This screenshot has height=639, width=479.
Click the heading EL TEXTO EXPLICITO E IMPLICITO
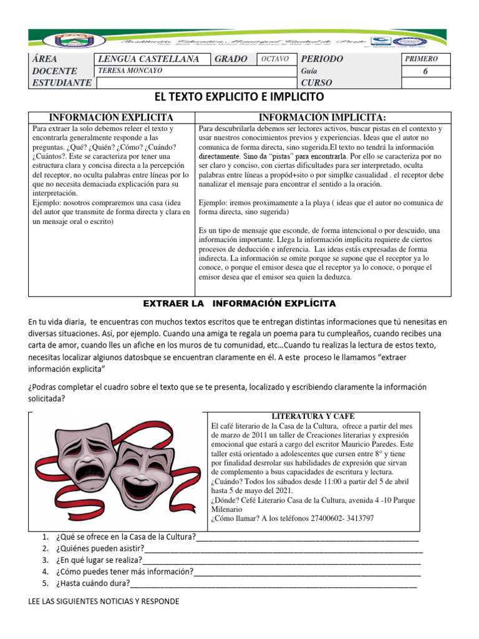(239, 97)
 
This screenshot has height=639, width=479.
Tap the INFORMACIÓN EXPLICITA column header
(112, 117)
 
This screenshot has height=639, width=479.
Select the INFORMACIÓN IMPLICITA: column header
(322, 117)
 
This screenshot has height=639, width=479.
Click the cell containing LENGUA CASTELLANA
(149, 59)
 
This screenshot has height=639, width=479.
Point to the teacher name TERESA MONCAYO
(131, 71)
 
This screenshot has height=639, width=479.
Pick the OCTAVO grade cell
(274, 59)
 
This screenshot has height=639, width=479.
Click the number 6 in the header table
(426, 71)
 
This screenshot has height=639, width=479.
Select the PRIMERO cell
(422, 59)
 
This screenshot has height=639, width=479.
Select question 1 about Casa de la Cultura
(125, 537)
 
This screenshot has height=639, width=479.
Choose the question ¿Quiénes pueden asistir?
(100, 549)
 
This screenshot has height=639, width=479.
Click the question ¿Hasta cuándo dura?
(93, 583)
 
